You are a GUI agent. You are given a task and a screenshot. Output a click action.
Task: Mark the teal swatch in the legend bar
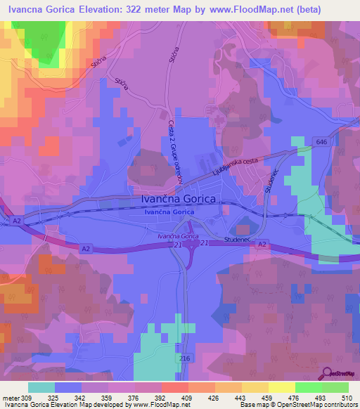click(41, 387)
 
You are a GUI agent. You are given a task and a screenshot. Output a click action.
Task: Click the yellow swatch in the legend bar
click(281, 387)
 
